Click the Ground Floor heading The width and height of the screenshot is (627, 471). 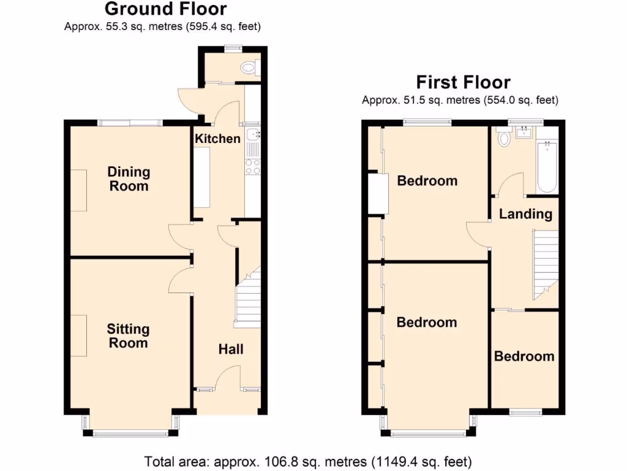[165, 9]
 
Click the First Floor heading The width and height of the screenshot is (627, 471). [463, 82]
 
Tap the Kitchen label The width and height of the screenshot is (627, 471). [217, 139]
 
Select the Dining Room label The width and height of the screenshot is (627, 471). [129, 178]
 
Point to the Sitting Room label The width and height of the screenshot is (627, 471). [129, 335]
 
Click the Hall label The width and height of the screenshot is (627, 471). [231, 349]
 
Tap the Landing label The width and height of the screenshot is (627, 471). [525, 214]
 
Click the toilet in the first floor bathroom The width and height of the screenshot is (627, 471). [504, 138]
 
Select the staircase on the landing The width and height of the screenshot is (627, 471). [545, 262]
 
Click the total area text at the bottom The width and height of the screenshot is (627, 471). [308, 461]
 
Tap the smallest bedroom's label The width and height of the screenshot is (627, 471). [524, 356]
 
